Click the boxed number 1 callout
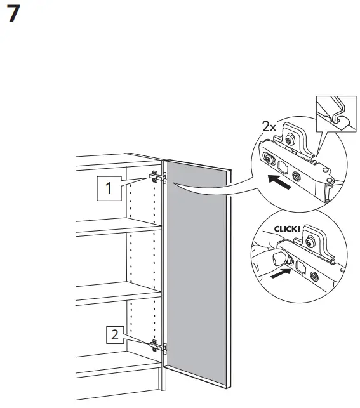109,188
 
